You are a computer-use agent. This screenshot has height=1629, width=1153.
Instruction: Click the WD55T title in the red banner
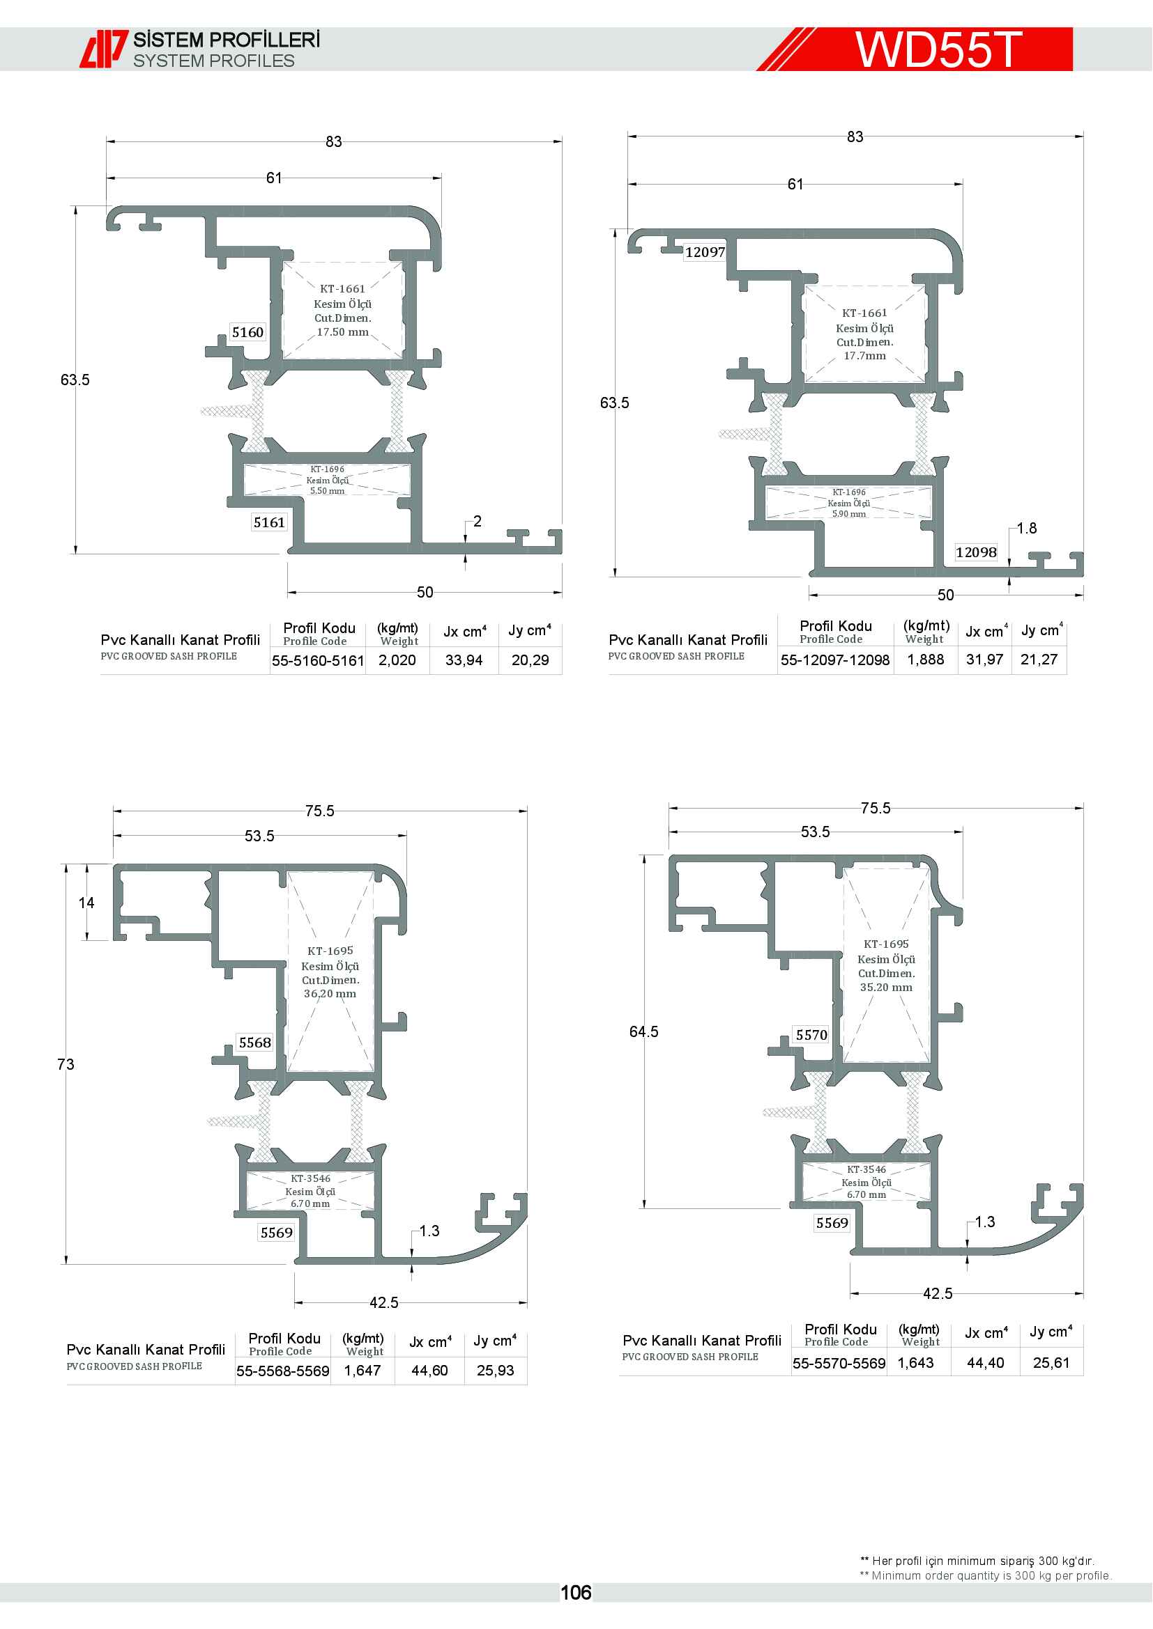point(938,49)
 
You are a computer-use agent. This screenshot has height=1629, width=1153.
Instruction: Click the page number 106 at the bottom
point(575,1593)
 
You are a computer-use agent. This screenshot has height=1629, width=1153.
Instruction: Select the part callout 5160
point(247,332)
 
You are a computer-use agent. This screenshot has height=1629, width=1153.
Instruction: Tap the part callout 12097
point(705,252)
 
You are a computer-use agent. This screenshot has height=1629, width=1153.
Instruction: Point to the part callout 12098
point(975,552)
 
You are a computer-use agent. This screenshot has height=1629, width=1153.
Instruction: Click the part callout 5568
point(255,1043)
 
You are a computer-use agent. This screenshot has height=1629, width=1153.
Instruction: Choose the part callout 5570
point(811,1034)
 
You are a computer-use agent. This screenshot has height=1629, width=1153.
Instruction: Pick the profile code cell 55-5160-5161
point(318,660)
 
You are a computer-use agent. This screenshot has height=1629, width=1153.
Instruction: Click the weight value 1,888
point(926,659)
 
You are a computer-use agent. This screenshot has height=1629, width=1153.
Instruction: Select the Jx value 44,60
point(429,1370)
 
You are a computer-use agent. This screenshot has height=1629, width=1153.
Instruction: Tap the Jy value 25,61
point(1051,1362)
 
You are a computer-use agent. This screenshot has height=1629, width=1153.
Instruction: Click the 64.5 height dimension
point(644,1031)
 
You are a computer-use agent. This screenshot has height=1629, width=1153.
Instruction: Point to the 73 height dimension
point(66,1064)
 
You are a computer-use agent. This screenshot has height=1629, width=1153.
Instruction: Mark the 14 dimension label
point(86,903)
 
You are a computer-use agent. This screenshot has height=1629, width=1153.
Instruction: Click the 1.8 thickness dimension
point(1027,528)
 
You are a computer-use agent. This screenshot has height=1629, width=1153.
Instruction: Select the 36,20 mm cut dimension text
point(330,993)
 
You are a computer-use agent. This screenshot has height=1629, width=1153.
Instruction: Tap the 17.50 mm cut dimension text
point(343,332)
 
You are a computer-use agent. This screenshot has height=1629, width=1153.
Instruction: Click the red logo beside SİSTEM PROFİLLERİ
point(104,49)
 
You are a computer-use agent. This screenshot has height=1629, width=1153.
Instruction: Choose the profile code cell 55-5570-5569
point(839,1363)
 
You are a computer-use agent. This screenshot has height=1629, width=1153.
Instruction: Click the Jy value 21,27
point(1039,659)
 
